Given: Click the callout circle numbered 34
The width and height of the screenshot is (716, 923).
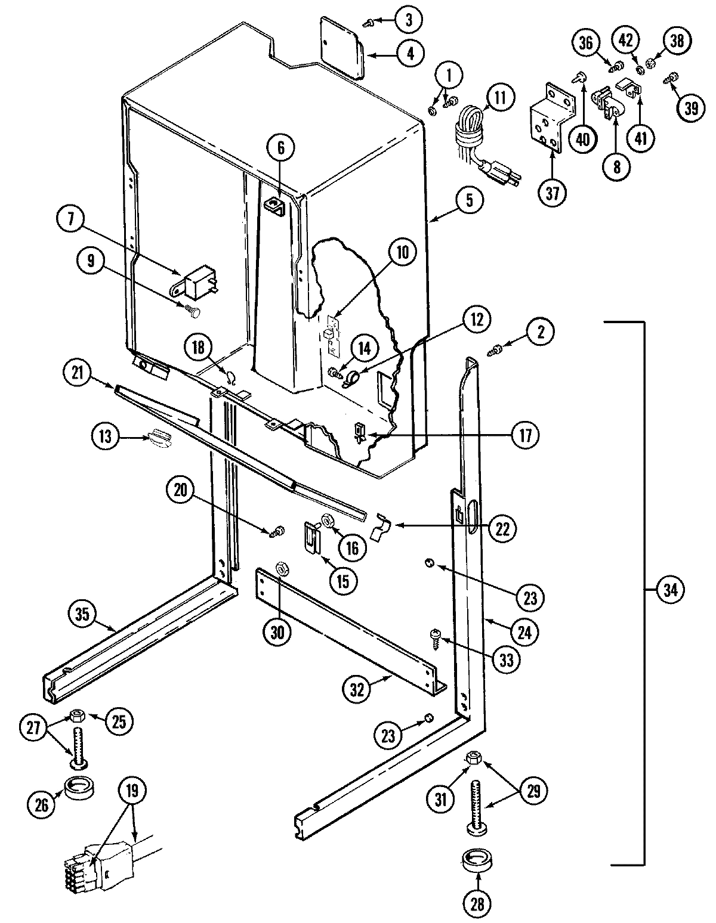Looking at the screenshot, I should click(x=671, y=590).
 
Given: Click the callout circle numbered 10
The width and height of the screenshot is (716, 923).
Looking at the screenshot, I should click(x=402, y=252).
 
